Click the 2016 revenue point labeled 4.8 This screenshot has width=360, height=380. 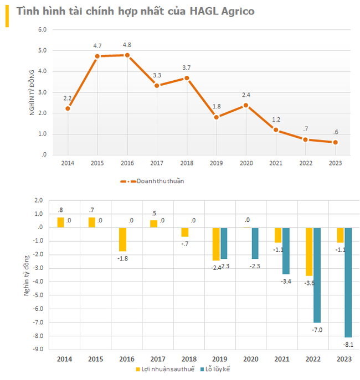pyautogui.click(x=127, y=55)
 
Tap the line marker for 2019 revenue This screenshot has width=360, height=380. pyautogui.click(x=217, y=117)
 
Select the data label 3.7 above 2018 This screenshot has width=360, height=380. pyautogui.click(x=187, y=68)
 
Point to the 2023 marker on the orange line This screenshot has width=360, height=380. pyautogui.click(x=336, y=142)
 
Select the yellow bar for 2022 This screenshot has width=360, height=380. pyautogui.click(x=309, y=252)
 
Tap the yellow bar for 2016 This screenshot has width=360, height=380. pyautogui.click(x=123, y=239)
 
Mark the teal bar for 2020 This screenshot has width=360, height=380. pyautogui.click(x=256, y=243)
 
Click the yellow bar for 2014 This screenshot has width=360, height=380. pyautogui.click(x=60, y=222)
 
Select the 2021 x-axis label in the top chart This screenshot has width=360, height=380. pyautogui.click(x=275, y=163)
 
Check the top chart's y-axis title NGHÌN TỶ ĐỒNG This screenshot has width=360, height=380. pyautogui.click(x=32, y=92)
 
